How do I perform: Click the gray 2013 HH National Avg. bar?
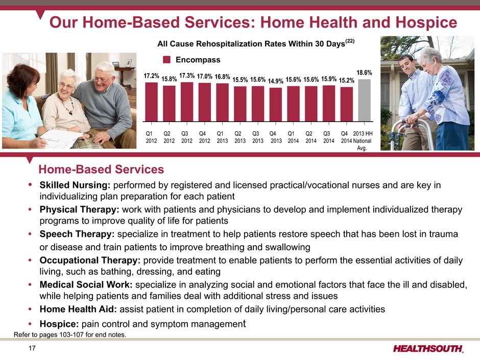[x=364, y=101]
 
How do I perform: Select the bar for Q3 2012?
[x=187, y=102]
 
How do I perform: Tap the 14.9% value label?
[x=276, y=81]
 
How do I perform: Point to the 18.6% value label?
[x=364, y=73]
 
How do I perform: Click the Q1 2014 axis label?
[x=293, y=137]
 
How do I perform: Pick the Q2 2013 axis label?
[x=240, y=137]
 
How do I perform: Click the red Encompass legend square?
[x=167, y=60]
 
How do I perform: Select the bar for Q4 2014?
[x=347, y=104]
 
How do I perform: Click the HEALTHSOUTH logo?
[x=428, y=349]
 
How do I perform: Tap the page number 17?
[x=32, y=348]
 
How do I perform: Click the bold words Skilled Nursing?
[x=75, y=185]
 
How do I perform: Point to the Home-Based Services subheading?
[x=101, y=170]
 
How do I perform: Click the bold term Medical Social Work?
[x=86, y=285]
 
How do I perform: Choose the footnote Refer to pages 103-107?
[x=70, y=334]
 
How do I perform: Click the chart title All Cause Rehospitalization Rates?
[x=256, y=43]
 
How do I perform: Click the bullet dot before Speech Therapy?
[x=30, y=234]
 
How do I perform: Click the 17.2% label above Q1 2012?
[x=151, y=76]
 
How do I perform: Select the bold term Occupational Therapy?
[x=90, y=260]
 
